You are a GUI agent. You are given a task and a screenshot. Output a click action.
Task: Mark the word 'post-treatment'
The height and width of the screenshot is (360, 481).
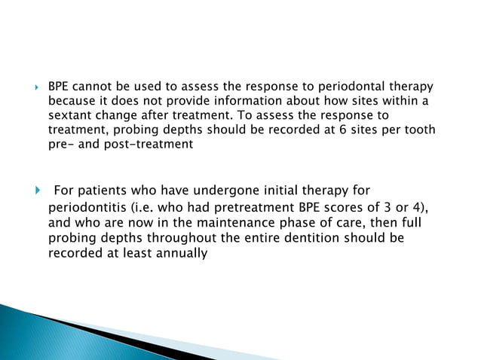[155, 145]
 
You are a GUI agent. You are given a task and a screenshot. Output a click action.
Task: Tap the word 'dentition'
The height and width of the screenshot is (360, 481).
[335, 238]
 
